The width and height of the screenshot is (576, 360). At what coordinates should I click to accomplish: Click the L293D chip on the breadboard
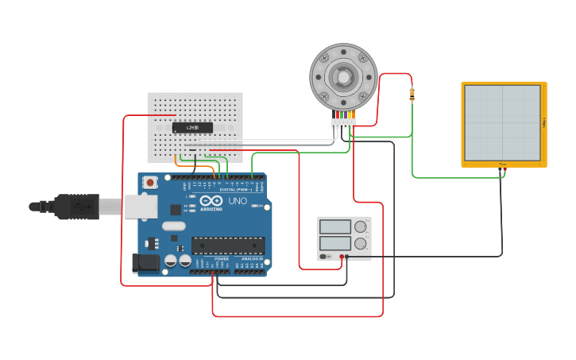pyautogui.click(x=192, y=127)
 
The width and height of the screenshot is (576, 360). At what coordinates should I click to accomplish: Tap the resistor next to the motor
pyautogui.click(x=412, y=95)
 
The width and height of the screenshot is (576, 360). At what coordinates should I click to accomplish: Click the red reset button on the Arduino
pyautogui.click(x=150, y=183)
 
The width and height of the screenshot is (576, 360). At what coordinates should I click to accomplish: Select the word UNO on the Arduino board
pyautogui.click(x=238, y=201)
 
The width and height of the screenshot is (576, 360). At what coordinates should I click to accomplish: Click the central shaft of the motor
pyautogui.click(x=343, y=76)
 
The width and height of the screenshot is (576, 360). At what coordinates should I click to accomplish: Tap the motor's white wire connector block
pyautogui.click(x=343, y=122)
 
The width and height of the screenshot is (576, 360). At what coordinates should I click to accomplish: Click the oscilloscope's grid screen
pyautogui.click(x=502, y=122)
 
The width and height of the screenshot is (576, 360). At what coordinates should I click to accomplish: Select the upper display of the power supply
pyautogui.click(x=334, y=226)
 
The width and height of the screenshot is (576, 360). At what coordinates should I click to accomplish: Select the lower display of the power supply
pyautogui.click(x=334, y=243)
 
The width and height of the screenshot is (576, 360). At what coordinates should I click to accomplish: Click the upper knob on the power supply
pyautogui.click(x=361, y=226)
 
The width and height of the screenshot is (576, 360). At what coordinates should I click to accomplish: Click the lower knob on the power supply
pyautogui.click(x=361, y=243)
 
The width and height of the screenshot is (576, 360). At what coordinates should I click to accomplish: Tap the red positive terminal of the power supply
pyautogui.click(x=342, y=257)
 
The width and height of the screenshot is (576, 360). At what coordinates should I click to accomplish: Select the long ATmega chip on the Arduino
pyautogui.click(x=228, y=247)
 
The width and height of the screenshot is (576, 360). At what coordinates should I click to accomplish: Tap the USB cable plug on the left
pyautogui.click(x=76, y=206)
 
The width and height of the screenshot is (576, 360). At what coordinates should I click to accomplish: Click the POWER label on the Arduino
pyautogui.click(x=222, y=259)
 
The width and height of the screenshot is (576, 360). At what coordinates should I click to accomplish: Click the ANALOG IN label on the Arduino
pyautogui.click(x=253, y=259)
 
